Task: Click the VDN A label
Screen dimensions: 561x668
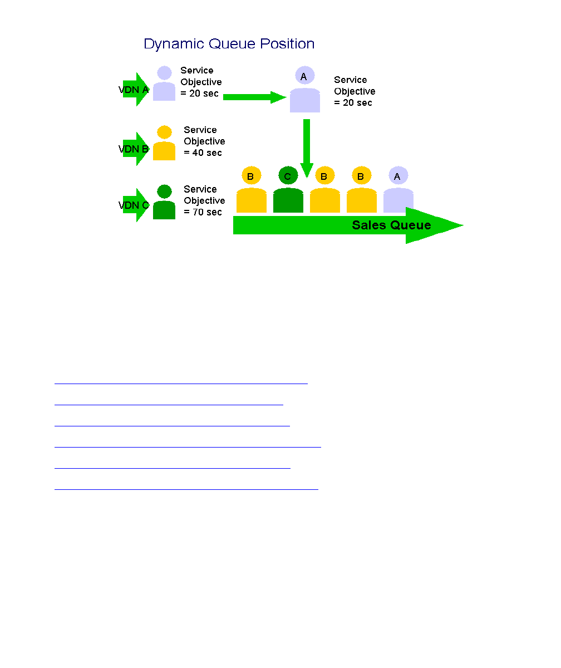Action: click(x=134, y=90)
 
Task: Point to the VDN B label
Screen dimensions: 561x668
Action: click(x=134, y=149)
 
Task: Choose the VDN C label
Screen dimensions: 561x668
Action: click(x=134, y=205)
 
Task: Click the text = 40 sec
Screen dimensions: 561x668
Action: click(x=203, y=153)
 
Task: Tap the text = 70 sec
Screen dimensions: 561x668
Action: click(x=203, y=212)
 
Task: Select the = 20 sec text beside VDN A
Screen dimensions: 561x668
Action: click(x=199, y=94)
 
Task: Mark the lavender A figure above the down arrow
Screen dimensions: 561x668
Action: click(x=304, y=90)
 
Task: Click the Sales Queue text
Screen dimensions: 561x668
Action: click(x=391, y=225)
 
